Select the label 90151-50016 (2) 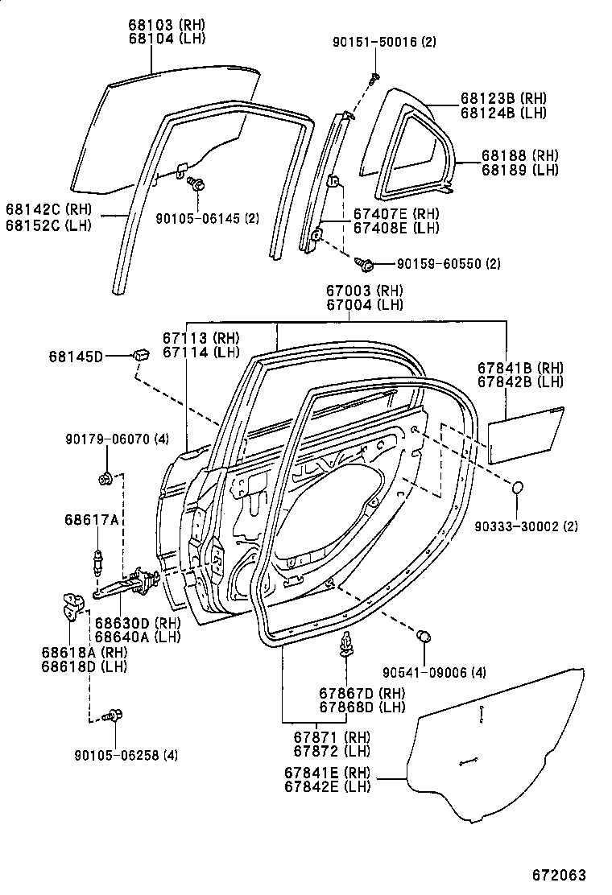(x=383, y=42)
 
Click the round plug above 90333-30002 (x=518, y=489)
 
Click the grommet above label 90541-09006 (x=424, y=637)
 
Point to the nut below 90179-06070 (x=104, y=479)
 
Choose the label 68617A (x=92, y=521)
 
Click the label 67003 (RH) (x=364, y=291)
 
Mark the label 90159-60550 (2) (x=449, y=264)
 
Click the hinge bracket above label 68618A (x=75, y=605)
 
